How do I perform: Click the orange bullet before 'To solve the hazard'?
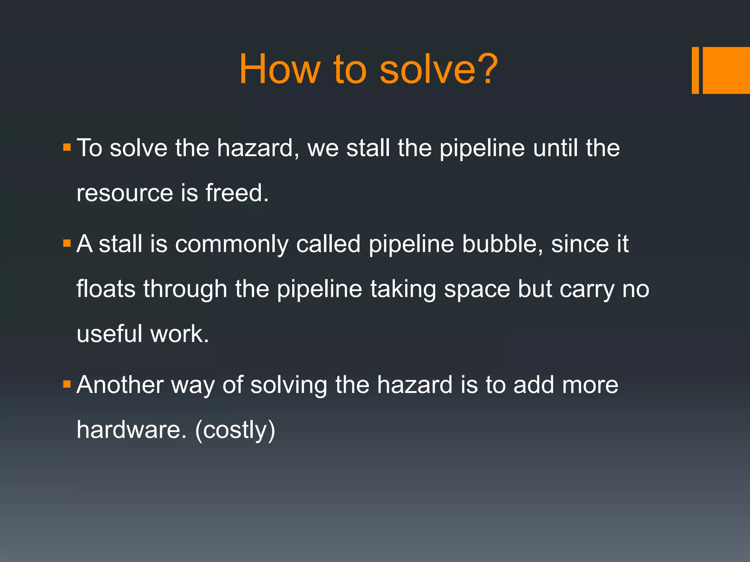point(67,147)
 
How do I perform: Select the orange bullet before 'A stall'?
point(67,243)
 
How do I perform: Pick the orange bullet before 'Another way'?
point(67,384)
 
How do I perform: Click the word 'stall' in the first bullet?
point(368,148)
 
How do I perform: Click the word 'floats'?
point(106,289)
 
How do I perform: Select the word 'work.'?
point(179,334)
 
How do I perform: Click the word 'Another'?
point(120,385)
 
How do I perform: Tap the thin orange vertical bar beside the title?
point(695,70)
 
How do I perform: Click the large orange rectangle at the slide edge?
point(726,70)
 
